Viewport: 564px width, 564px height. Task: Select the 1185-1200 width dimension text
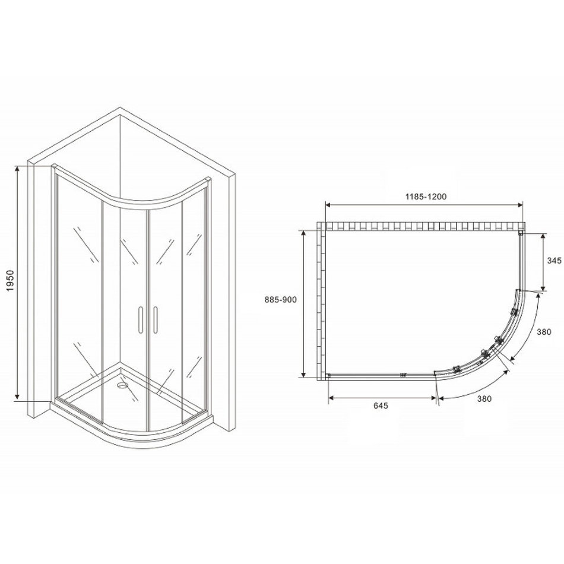[426, 197]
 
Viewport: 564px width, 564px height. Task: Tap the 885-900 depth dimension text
[281, 300]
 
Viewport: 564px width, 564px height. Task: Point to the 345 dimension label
[554, 261]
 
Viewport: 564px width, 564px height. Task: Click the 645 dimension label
[381, 406]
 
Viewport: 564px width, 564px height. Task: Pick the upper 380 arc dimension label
[544, 332]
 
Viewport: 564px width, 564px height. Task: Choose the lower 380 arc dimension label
[484, 398]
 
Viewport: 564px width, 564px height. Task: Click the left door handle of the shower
[140, 320]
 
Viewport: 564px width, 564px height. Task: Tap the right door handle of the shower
[156, 320]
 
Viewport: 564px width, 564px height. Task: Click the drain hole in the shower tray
[122, 385]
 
